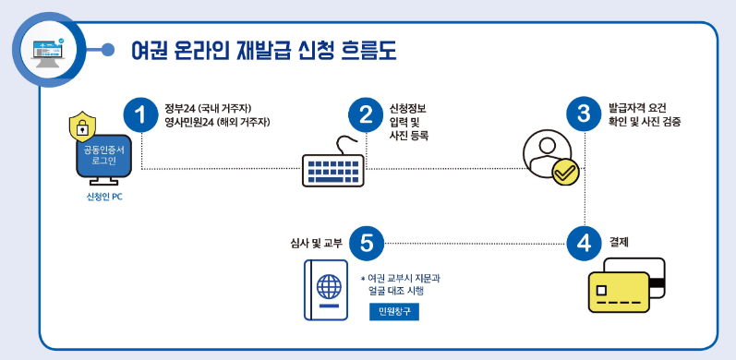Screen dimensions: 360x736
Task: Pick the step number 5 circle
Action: point(366,243)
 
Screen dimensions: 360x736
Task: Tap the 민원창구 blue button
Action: point(393,312)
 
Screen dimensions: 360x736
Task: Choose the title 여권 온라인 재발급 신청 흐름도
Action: point(263,48)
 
